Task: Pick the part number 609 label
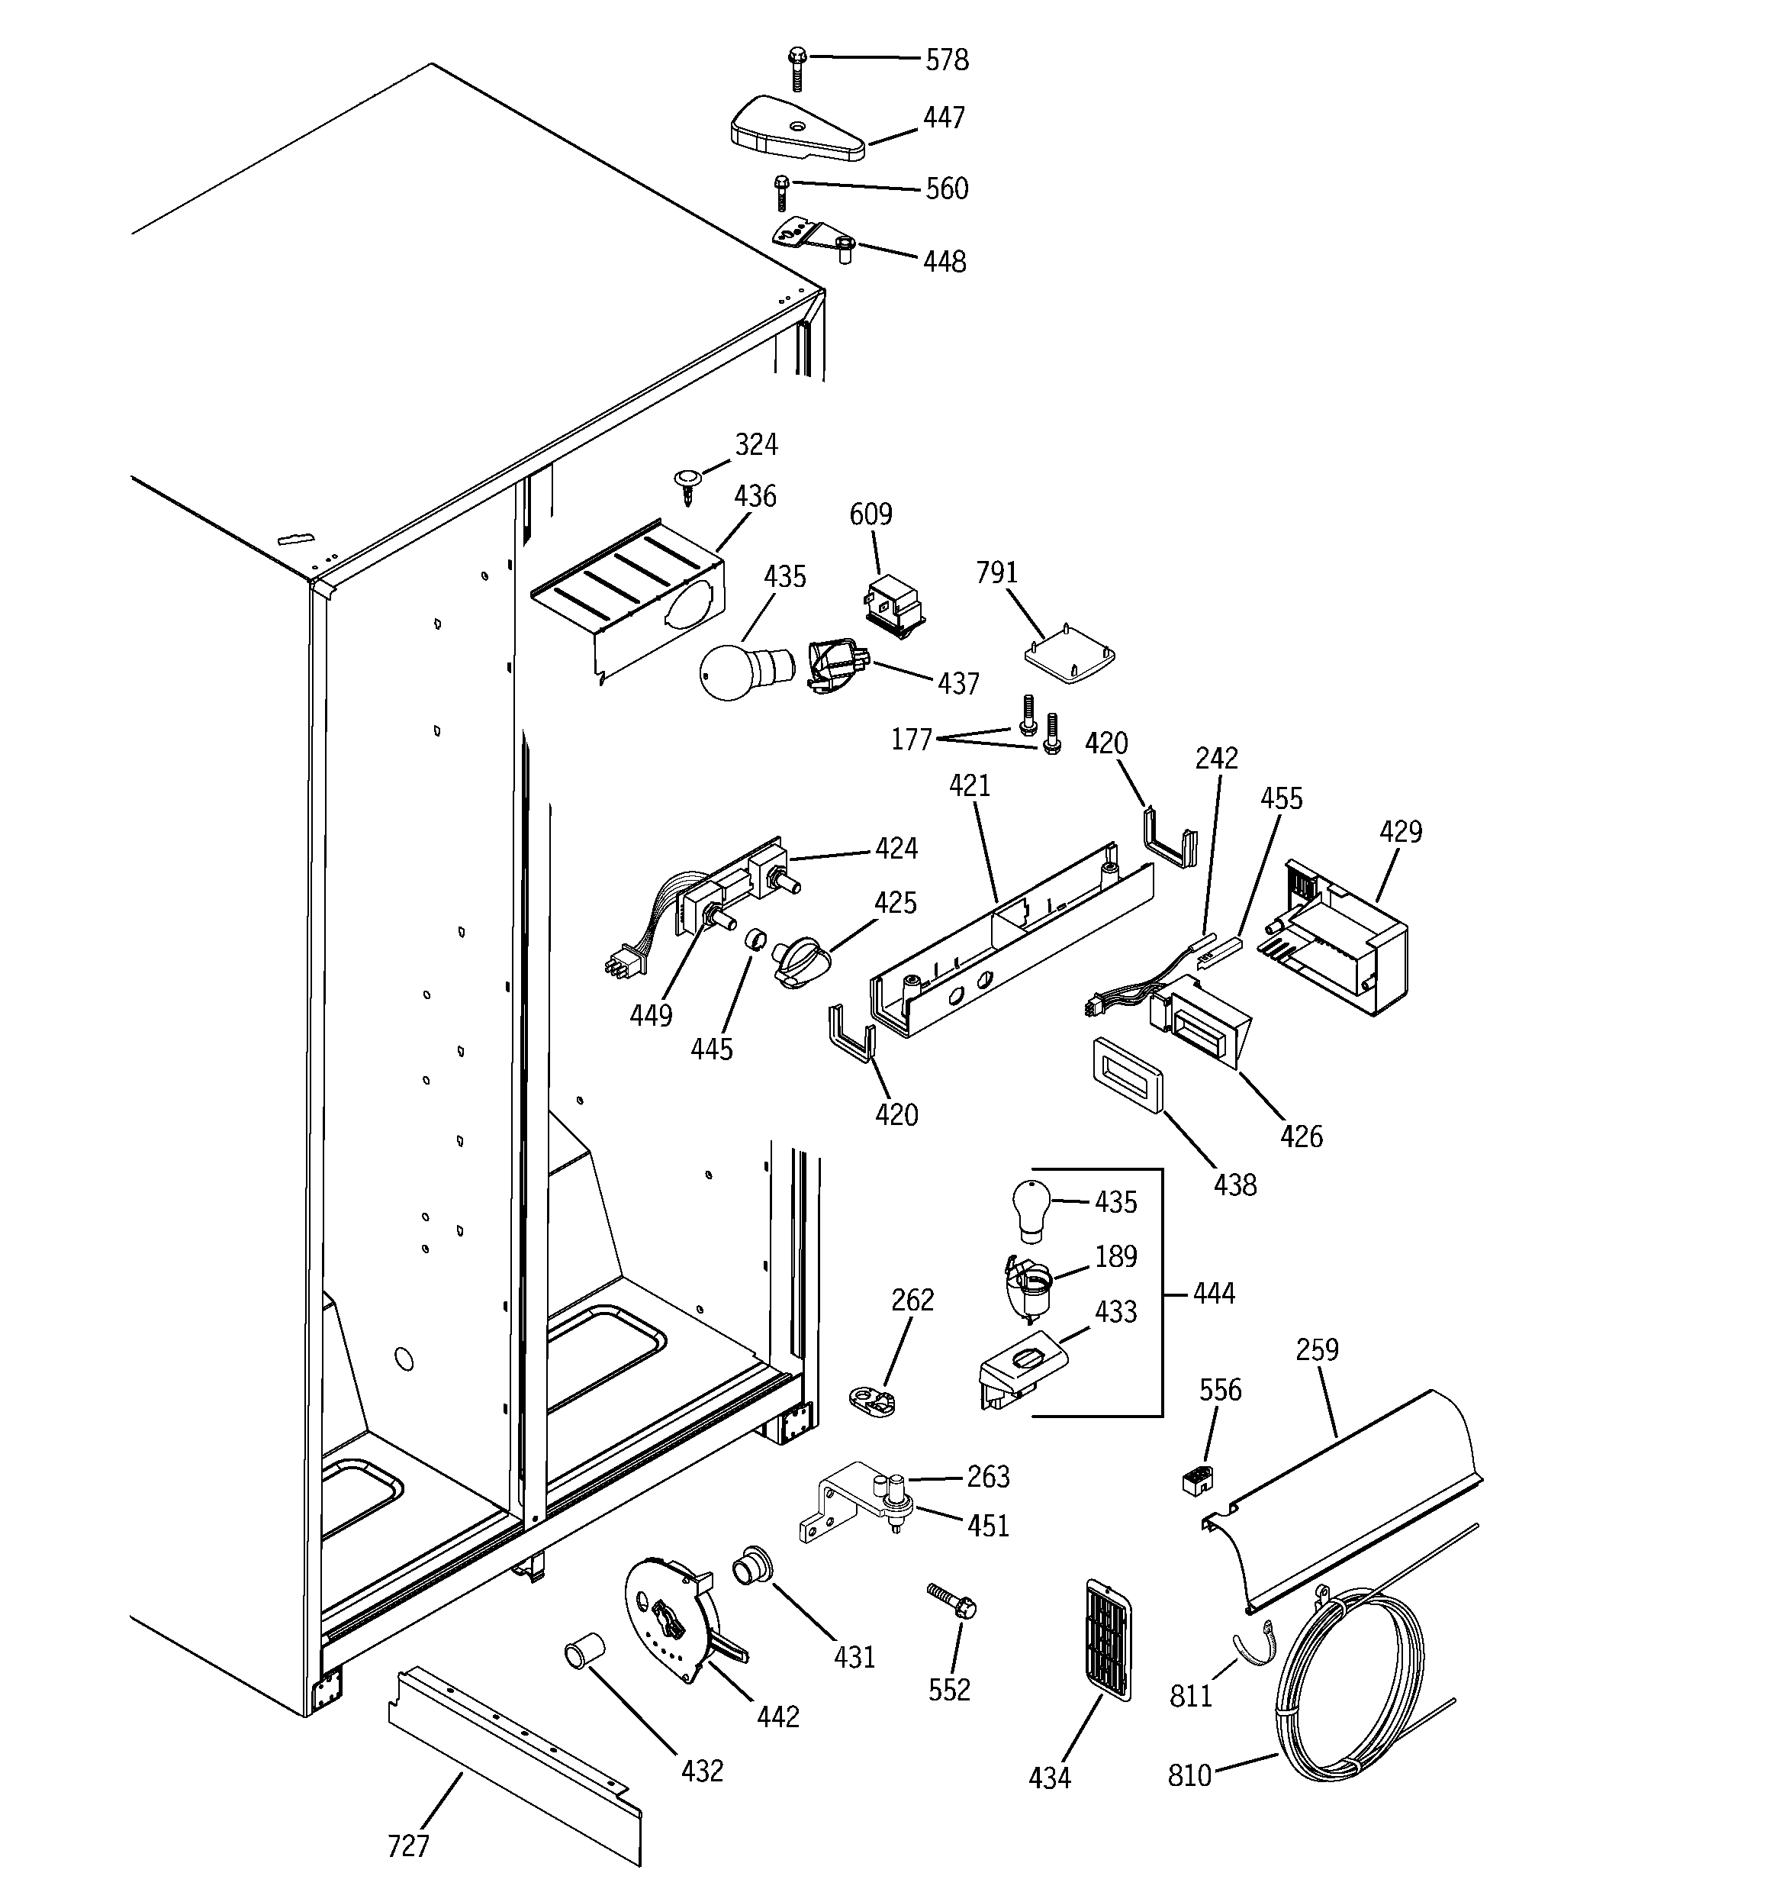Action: [x=871, y=514]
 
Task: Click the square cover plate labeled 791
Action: [x=1070, y=655]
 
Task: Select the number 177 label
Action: [x=911, y=740]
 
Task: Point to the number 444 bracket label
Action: [x=1213, y=1293]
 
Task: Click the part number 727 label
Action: [x=408, y=1845]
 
